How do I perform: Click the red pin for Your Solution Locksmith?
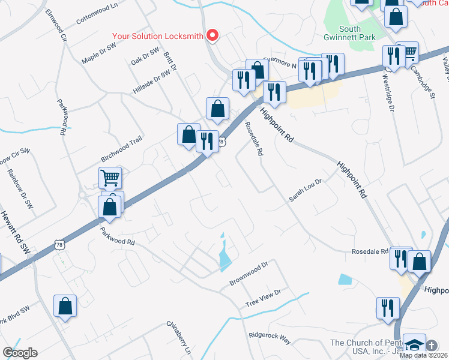[212, 35]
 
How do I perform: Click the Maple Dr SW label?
[98, 53]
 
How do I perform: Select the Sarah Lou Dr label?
[306, 189]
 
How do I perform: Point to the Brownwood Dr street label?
[248, 274]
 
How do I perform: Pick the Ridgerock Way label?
[270, 339]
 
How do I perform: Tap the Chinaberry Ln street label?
[179, 338]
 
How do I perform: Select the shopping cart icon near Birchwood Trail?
[110, 178]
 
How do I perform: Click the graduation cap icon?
[414, 345]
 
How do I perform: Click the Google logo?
[20, 353]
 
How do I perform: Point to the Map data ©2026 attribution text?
[424, 355]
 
